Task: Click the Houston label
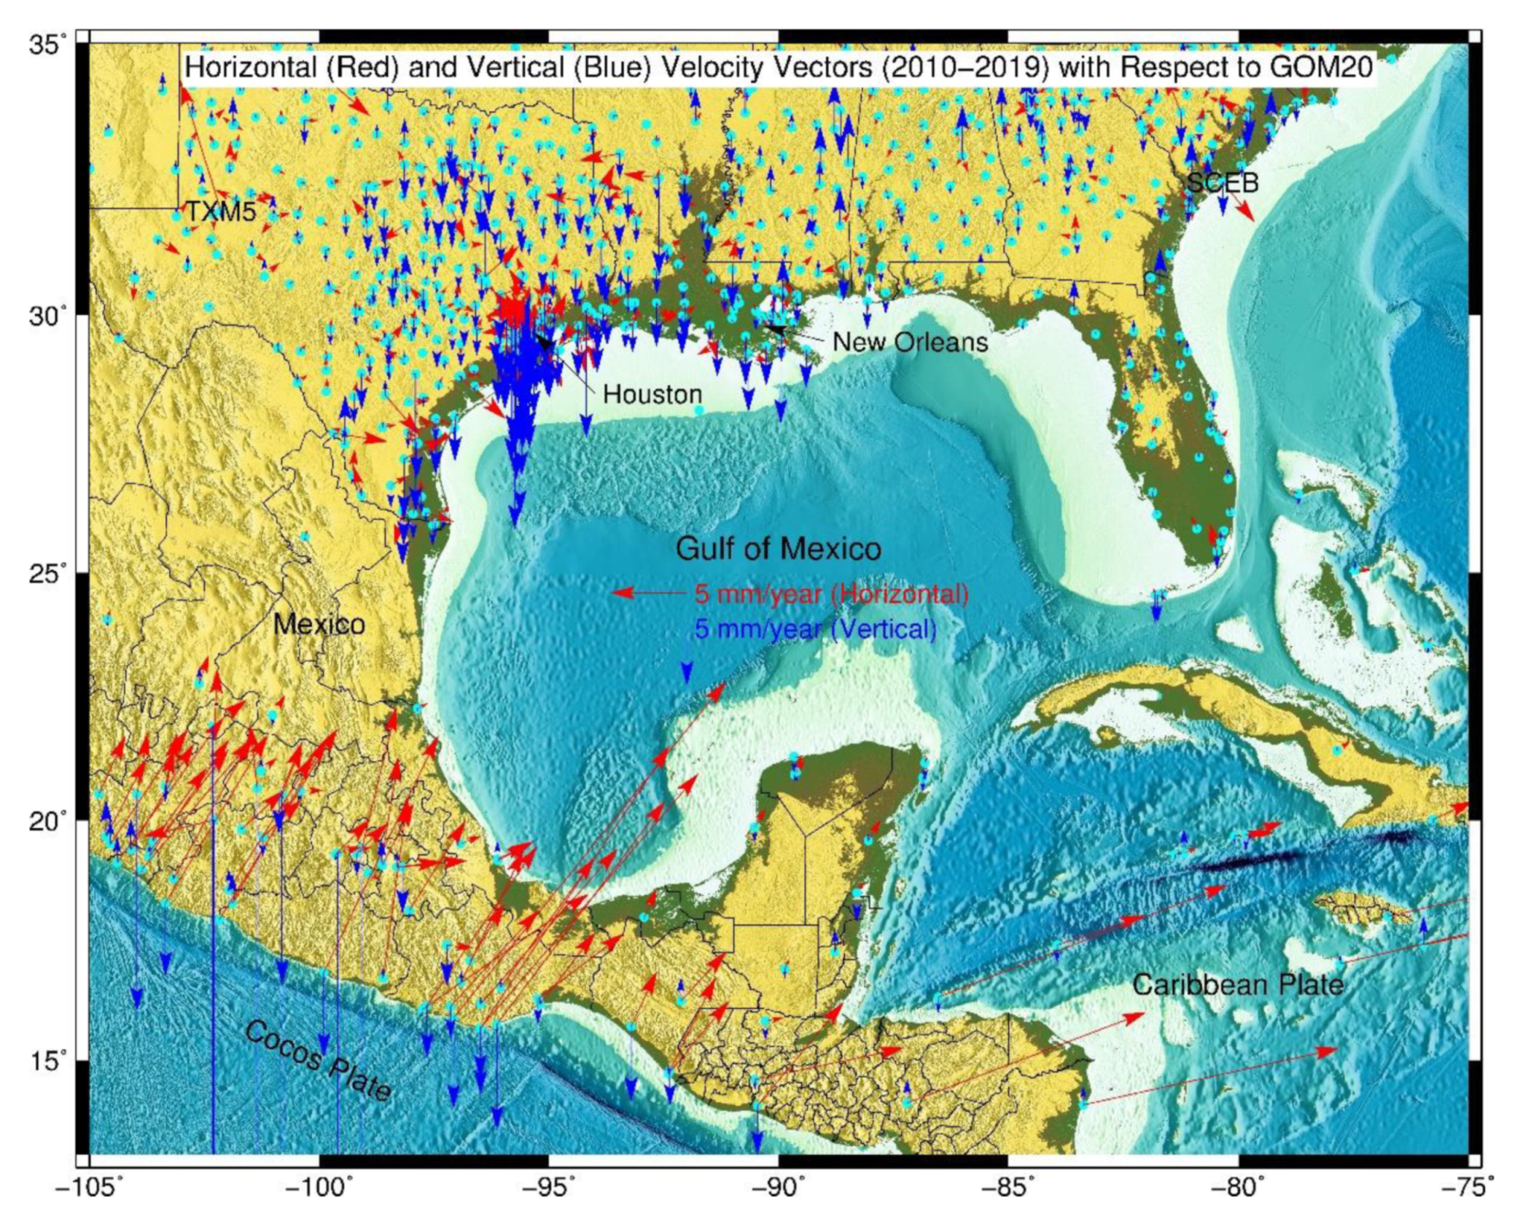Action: (x=652, y=394)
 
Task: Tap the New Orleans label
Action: (x=910, y=342)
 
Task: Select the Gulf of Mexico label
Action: (x=778, y=548)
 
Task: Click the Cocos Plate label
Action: (x=319, y=1060)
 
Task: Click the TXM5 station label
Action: (x=221, y=211)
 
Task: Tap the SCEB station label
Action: (x=1223, y=182)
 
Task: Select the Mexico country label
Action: (x=319, y=624)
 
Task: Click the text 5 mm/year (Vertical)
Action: (x=815, y=628)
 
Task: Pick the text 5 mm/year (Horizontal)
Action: (x=831, y=593)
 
